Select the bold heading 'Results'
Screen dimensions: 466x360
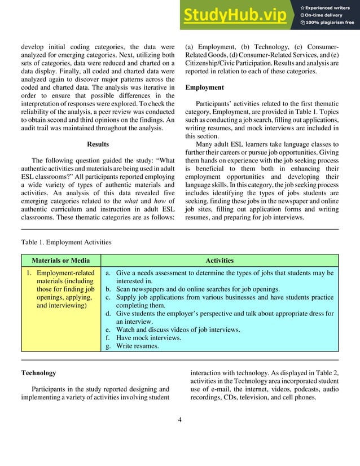tap(99, 143)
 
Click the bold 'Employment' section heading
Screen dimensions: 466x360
tap(204, 87)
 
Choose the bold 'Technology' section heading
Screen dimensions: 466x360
tap(38, 373)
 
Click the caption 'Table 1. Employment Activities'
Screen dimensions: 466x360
tap(66, 243)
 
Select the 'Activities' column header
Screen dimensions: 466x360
tap(219, 261)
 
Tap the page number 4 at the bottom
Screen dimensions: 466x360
tap(179, 420)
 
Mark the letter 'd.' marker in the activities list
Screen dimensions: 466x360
tap(108, 314)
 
